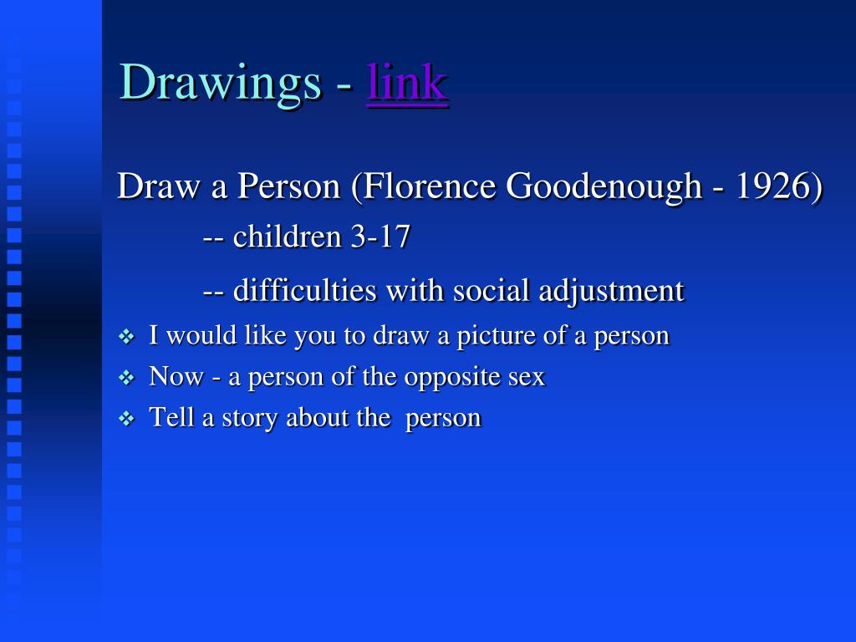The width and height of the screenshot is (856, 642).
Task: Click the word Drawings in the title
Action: click(221, 84)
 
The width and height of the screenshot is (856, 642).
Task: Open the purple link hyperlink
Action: click(407, 83)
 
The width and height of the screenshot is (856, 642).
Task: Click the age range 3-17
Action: click(380, 237)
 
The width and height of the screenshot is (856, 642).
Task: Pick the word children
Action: click(288, 237)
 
